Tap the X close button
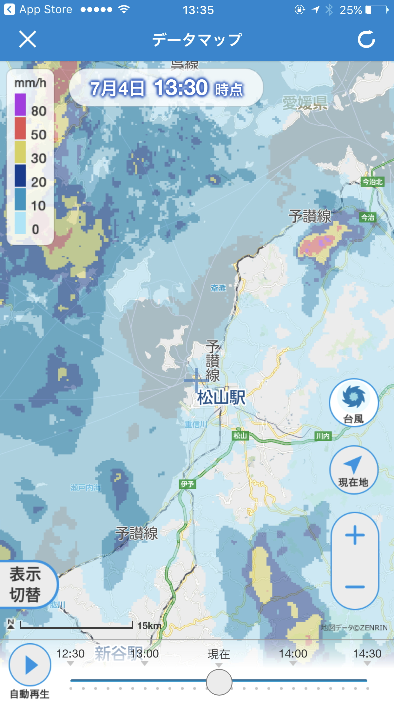[28, 39]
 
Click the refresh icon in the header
[366, 39]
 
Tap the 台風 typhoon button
[353, 403]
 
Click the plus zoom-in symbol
[355, 535]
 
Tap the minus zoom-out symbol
[355, 587]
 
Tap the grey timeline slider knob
[219, 682]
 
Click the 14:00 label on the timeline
[293, 654]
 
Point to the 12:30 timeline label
[70, 654]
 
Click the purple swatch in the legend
[20, 104]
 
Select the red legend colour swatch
[20, 128]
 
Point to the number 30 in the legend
[38, 158]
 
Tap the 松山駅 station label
[221, 398]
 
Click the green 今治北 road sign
[372, 182]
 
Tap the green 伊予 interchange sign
[187, 484]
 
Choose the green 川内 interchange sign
[323, 436]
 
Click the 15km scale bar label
[149, 626]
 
